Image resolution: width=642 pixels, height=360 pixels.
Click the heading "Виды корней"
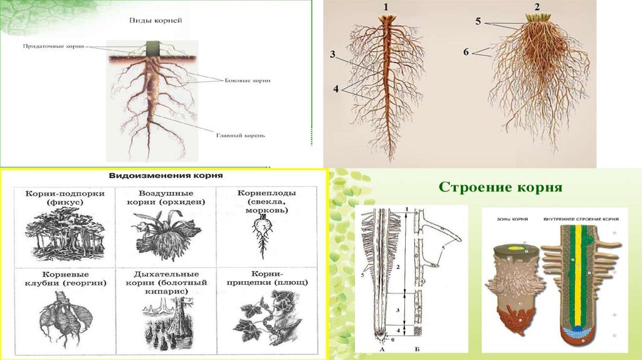[152, 21]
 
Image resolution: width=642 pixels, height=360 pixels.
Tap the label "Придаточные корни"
[53, 46]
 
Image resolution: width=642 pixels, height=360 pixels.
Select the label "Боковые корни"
[248, 81]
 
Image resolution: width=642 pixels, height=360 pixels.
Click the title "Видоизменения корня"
[167, 176]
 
